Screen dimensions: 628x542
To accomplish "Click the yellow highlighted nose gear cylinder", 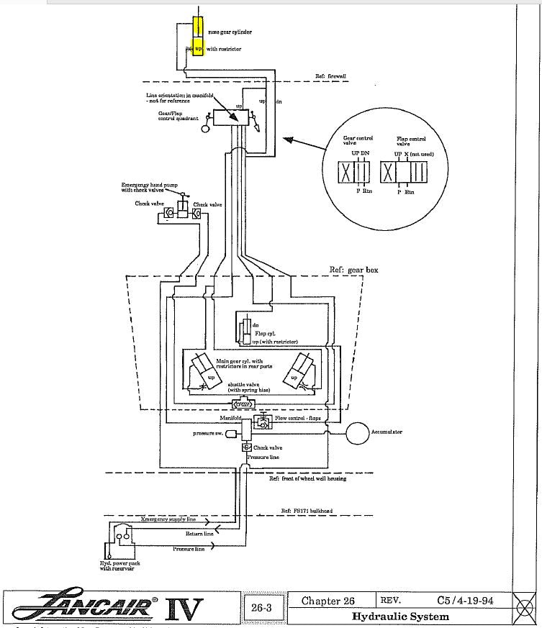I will click(x=199, y=36).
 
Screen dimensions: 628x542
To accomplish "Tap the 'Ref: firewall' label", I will click(x=331, y=76).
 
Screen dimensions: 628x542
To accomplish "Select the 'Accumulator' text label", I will click(x=387, y=432).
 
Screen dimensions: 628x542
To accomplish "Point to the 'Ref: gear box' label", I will click(x=353, y=270).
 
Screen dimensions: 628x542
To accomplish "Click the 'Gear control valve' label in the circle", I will click(x=353, y=140).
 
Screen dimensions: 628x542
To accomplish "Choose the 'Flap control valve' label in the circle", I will click(x=411, y=140).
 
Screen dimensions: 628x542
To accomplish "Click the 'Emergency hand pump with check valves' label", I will click(x=150, y=188).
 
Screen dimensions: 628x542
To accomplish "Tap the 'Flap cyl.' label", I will click(x=266, y=333).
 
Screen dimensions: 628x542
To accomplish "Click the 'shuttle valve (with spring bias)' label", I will click(x=245, y=387).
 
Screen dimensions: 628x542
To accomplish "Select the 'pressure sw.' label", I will click(x=208, y=433).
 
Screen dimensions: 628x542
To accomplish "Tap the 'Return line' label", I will click(x=199, y=534).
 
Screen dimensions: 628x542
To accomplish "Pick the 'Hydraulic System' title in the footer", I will click(x=400, y=616).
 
